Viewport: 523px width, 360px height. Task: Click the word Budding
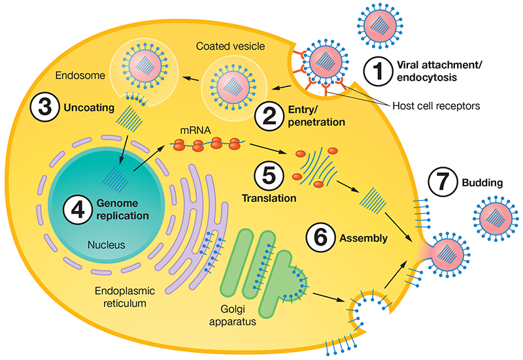point(483,184)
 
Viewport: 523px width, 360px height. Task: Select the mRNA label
point(184,131)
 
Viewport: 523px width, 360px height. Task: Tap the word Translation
point(269,197)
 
